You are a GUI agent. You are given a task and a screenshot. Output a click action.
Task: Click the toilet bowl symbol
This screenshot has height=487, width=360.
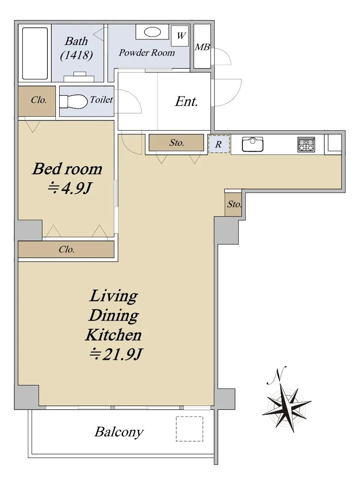pos(74,102)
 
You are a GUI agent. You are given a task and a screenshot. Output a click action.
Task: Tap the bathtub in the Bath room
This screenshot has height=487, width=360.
pos(35,53)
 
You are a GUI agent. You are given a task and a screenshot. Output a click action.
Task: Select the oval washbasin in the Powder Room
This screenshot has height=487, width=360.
pos(152,31)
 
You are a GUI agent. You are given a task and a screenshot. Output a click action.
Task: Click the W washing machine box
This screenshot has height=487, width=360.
pos(180,36)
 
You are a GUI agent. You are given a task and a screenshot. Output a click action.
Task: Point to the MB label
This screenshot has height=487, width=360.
pos(202,47)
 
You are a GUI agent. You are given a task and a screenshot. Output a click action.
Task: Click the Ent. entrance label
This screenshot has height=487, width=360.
pos(186,101)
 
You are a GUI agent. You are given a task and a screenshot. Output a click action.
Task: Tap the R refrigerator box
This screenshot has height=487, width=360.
pos(219,144)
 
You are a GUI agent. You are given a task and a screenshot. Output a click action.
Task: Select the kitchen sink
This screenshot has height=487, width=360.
pos(252,144)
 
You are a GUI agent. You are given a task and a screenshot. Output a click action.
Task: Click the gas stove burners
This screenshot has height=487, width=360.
pos(306,144)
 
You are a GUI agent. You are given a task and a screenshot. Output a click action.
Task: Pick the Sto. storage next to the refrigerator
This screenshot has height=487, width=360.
pos(176,143)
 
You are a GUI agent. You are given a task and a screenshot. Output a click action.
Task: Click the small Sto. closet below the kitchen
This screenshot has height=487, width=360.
pos(233,204)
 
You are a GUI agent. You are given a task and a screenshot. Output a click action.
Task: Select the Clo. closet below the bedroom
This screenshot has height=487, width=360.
pos(66,249)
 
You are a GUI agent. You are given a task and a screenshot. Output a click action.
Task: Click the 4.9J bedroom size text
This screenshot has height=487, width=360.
pos(70,188)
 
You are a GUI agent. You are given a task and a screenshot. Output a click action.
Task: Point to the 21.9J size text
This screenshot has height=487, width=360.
pos(116,354)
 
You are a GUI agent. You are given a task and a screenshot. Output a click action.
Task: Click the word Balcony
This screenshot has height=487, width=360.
pos(119,432)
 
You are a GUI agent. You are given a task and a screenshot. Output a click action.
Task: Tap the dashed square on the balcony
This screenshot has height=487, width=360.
pos(189,429)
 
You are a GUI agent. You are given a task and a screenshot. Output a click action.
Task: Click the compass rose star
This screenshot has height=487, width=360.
pos(286,408)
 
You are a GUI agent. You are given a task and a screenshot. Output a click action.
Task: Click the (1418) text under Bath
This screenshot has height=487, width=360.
pos(76,55)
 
